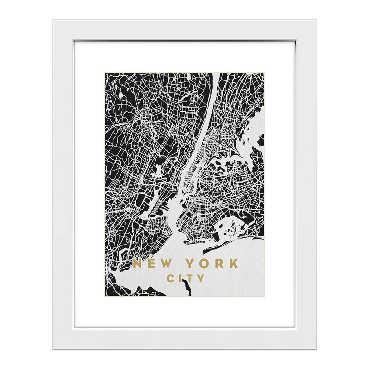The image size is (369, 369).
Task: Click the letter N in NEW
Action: tap(139, 264)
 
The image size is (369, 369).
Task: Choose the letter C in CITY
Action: tap(170, 278)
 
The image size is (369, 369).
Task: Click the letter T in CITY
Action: tap(189, 278)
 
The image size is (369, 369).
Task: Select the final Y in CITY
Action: tap(200, 278)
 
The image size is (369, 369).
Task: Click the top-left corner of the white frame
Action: tap(54, 20)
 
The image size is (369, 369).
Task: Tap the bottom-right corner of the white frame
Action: tap(315, 349)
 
